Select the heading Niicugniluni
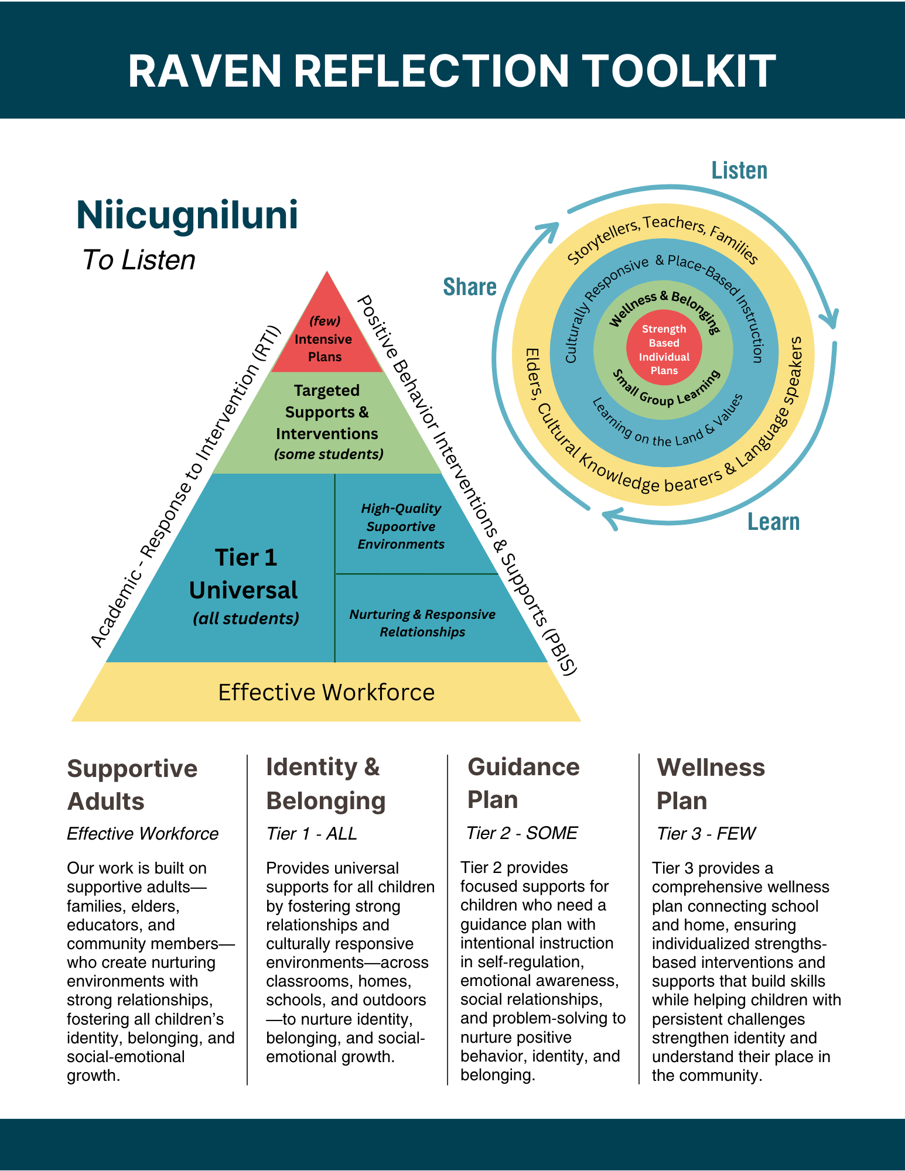coord(187,215)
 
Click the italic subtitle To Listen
coord(138,260)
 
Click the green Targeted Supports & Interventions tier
coord(327,422)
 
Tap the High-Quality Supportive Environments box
coord(401,526)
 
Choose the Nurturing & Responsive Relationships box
coord(422,622)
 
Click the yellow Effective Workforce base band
coord(326,692)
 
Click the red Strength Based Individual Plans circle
coord(664,349)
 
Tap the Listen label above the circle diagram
coord(739,170)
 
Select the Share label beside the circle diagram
coord(470,287)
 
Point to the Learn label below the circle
coord(773,521)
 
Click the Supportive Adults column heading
coord(132,785)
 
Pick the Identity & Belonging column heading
coord(326,783)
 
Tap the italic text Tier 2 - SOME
coord(521,833)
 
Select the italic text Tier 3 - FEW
coord(706,833)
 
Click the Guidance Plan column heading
coord(523,783)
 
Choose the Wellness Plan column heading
coord(711,783)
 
